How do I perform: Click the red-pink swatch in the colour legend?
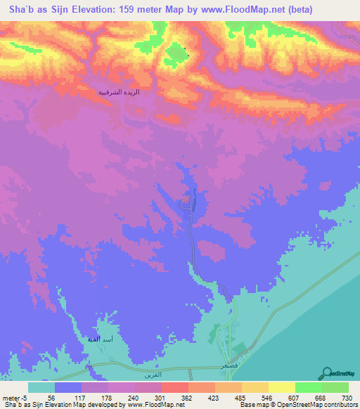(174, 388)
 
